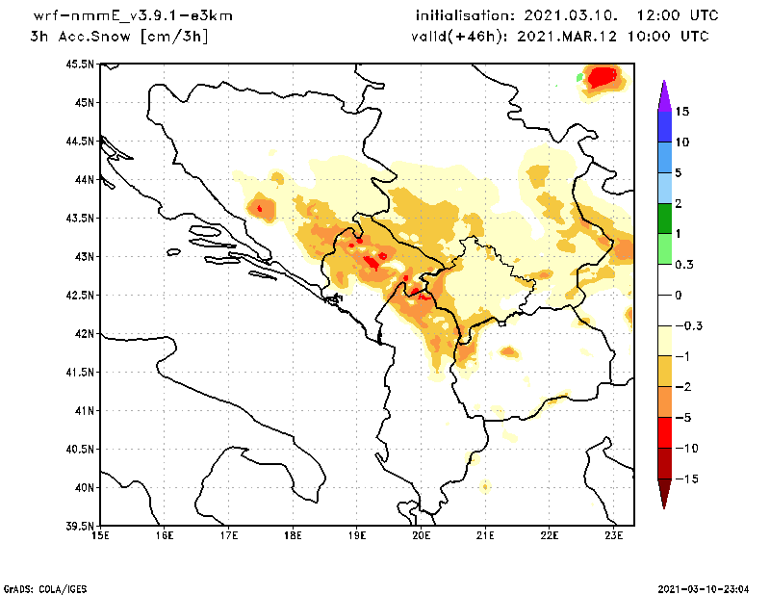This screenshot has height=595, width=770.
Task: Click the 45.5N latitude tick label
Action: [80, 65]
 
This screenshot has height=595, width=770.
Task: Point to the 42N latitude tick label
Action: [83, 334]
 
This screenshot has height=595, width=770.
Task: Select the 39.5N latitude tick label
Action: [80, 527]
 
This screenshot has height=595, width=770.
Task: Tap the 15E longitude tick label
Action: [100, 536]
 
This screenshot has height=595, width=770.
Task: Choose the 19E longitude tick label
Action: [357, 536]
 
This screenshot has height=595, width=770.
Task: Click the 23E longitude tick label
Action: [614, 536]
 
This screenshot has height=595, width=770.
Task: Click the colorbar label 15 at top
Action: [681, 112]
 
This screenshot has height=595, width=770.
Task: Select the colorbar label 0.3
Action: [684, 264]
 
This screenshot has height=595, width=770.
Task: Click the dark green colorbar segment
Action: [664, 219]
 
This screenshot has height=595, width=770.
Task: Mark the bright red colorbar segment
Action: [664, 433]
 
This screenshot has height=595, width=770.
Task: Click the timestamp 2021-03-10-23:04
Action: [706, 587]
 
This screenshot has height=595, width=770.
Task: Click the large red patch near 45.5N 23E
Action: [603, 76]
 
